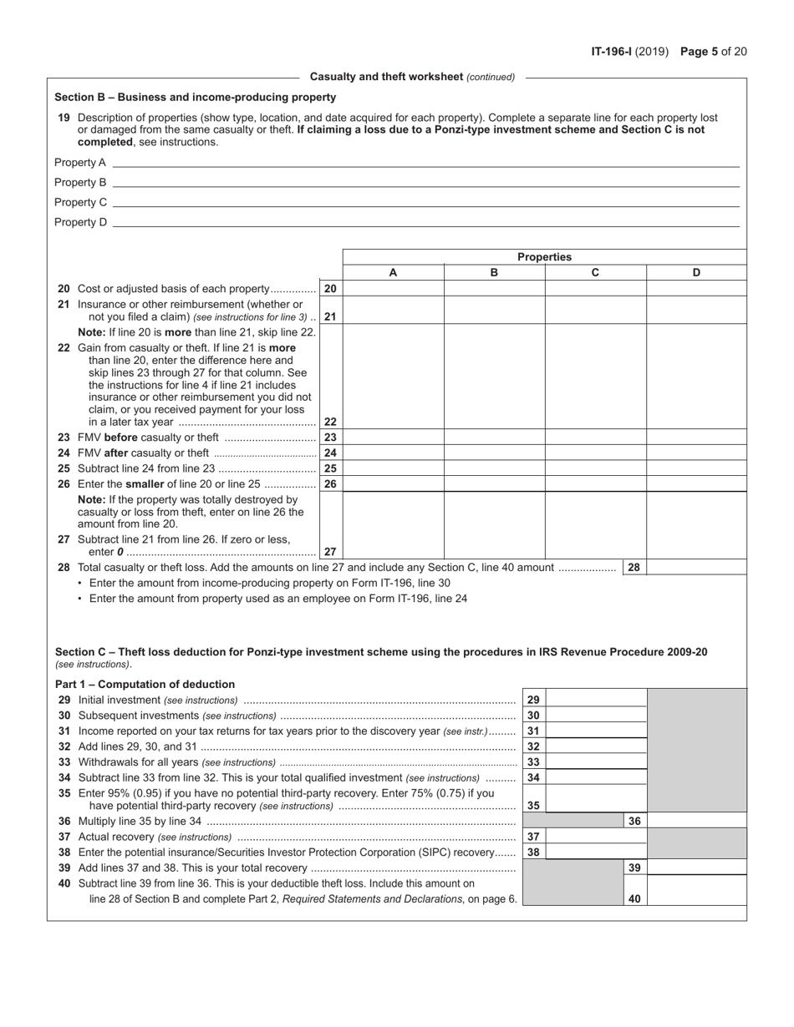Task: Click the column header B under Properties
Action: (494, 272)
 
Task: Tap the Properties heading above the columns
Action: (544, 257)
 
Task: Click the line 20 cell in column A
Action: (393, 289)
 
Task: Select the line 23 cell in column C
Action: (595, 438)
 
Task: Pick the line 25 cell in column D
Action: (696, 468)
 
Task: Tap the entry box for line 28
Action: (696, 568)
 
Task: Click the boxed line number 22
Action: (330, 422)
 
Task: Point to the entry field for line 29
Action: (596, 700)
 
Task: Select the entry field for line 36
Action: (696, 822)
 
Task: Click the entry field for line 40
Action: (696, 899)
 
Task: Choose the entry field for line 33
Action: (596, 762)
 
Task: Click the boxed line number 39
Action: (634, 868)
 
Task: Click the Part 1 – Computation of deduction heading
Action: (145, 684)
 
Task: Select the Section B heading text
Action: (196, 97)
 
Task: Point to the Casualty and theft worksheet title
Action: (412, 77)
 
